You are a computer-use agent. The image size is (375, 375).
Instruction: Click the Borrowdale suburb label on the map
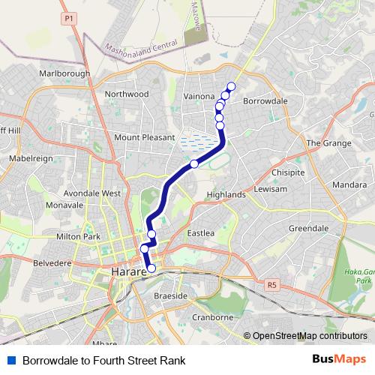tap(266, 100)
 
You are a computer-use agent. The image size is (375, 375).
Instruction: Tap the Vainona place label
tap(200, 97)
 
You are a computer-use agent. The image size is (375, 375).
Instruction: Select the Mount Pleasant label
tap(143, 137)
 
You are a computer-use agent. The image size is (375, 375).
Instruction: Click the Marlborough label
tap(64, 73)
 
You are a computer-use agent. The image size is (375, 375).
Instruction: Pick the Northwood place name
tap(127, 94)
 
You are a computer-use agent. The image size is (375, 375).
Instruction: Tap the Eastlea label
tap(201, 233)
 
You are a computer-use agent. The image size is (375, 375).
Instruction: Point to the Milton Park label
tap(78, 237)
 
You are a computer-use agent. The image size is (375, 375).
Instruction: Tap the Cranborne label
tap(214, 317)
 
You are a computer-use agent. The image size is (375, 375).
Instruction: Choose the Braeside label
tap(170, 296)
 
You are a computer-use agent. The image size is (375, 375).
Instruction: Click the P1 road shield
tap(69, 17)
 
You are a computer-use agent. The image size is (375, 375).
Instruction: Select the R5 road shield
tap(271, 284)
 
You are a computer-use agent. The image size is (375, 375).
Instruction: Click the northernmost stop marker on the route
tap(230, 87)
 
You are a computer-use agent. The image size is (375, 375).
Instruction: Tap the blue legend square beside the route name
tap(10, 361)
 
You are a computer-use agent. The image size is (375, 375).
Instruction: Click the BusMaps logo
tap(340, 360)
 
